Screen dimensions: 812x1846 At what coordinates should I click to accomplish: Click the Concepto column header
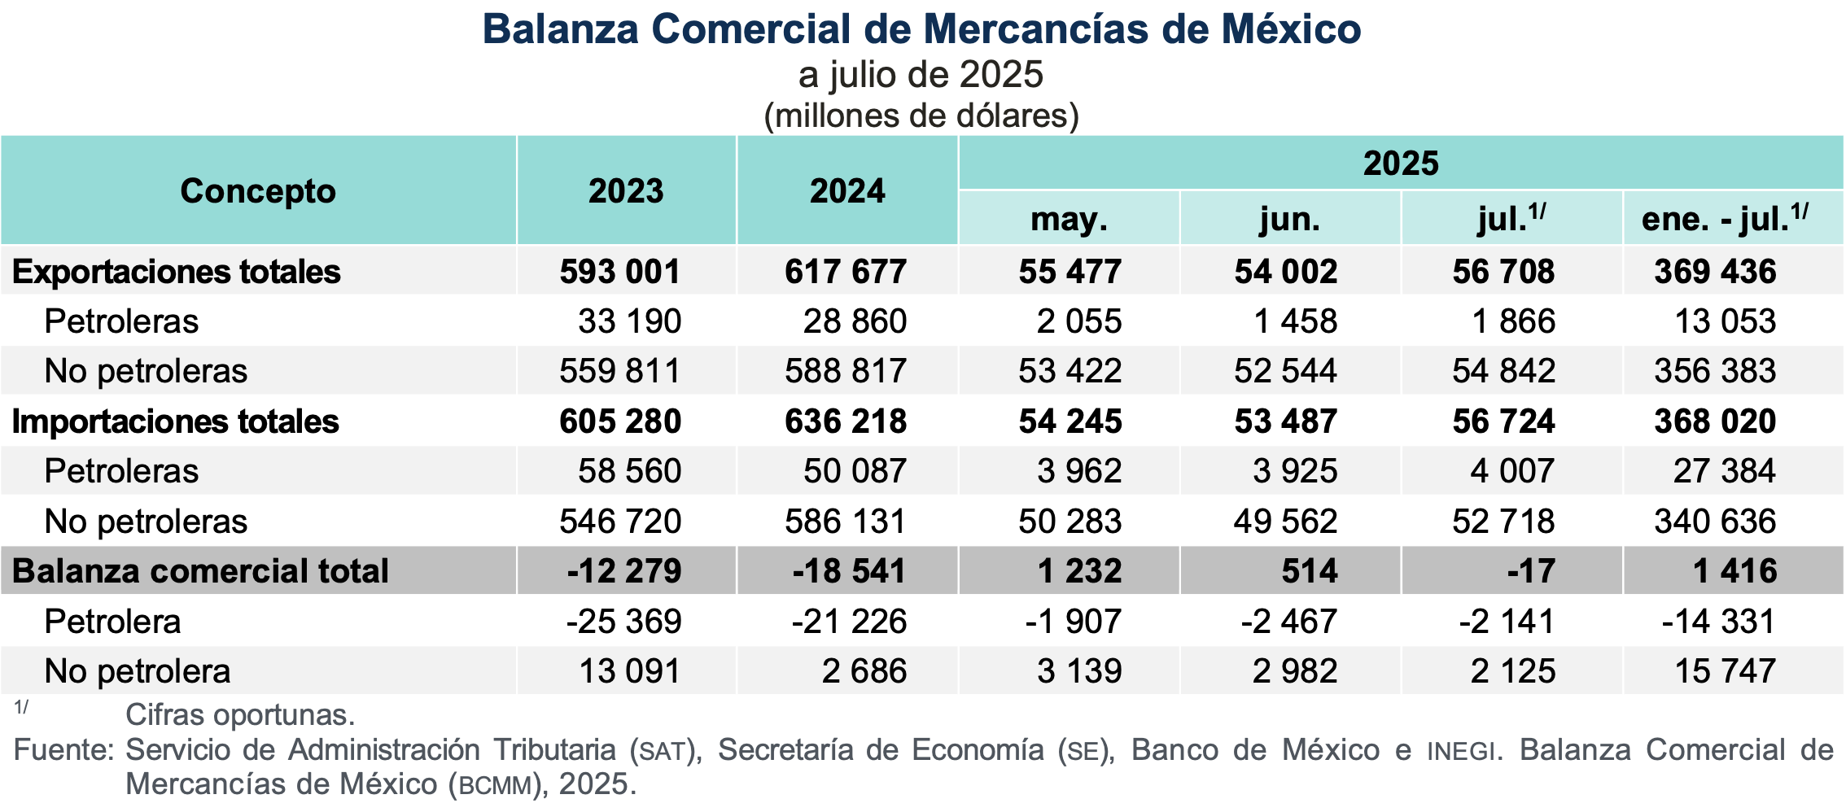[x=258, y=191]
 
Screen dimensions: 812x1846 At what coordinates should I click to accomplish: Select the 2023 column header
[x=626, y=191]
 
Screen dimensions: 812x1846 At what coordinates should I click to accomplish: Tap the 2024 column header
[x=847, y=191]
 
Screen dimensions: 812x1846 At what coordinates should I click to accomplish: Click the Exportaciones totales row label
[x=176, y=272]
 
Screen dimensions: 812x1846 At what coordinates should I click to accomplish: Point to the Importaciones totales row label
[x=175, y=421]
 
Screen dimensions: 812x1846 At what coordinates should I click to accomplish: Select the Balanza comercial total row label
[x=200, y=571]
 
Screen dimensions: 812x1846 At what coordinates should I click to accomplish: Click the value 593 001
[x=619, y=272]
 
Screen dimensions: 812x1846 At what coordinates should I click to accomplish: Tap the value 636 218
[x=845, y=421]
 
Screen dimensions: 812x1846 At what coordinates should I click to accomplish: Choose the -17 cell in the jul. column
[x=1530, y=571]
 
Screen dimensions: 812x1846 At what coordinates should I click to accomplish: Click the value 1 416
[x=1734, y=571]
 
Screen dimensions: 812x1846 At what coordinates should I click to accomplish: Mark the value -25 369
[x=623, y=622]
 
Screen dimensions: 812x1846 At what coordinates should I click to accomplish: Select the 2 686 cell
[x=864, y=671]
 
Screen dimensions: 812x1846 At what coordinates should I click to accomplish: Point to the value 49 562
[x=1285, y=522]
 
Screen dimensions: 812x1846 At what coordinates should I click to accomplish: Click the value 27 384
[x=1724, y=471]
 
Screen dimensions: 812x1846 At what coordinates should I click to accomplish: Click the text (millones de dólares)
[x=921, y=116]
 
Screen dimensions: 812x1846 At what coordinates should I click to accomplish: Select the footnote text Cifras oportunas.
[x=240, y=714]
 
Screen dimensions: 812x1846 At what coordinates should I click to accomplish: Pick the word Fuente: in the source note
[x=64, y=749]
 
